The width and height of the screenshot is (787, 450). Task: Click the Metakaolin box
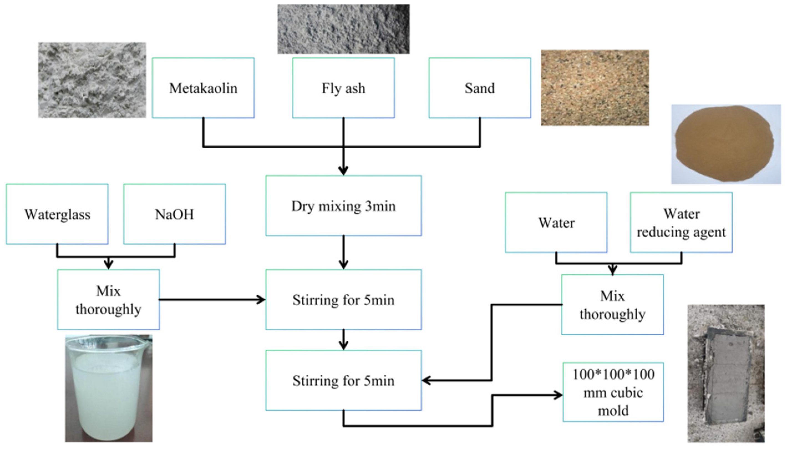(203, 88)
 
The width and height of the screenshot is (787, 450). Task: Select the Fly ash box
(344, 88)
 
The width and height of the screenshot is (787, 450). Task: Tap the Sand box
(480, 88)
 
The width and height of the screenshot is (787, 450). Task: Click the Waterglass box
(57, 214)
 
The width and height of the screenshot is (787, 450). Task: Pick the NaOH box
(174, 214)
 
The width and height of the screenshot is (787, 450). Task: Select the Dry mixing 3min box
(344, 206)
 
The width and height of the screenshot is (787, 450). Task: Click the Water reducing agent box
(681, 223)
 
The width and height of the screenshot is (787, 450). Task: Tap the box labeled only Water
(556, 223)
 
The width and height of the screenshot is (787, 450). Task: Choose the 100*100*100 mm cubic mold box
(613, 392)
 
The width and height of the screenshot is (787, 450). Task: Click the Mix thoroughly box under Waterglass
(108, 300)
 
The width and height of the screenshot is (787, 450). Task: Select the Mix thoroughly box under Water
(612, 305)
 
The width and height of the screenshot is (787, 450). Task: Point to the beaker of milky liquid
(108, 388)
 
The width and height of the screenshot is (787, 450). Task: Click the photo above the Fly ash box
(344, 29)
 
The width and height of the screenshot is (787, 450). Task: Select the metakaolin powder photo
(92, 80)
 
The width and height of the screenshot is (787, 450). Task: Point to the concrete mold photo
(726, 373)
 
